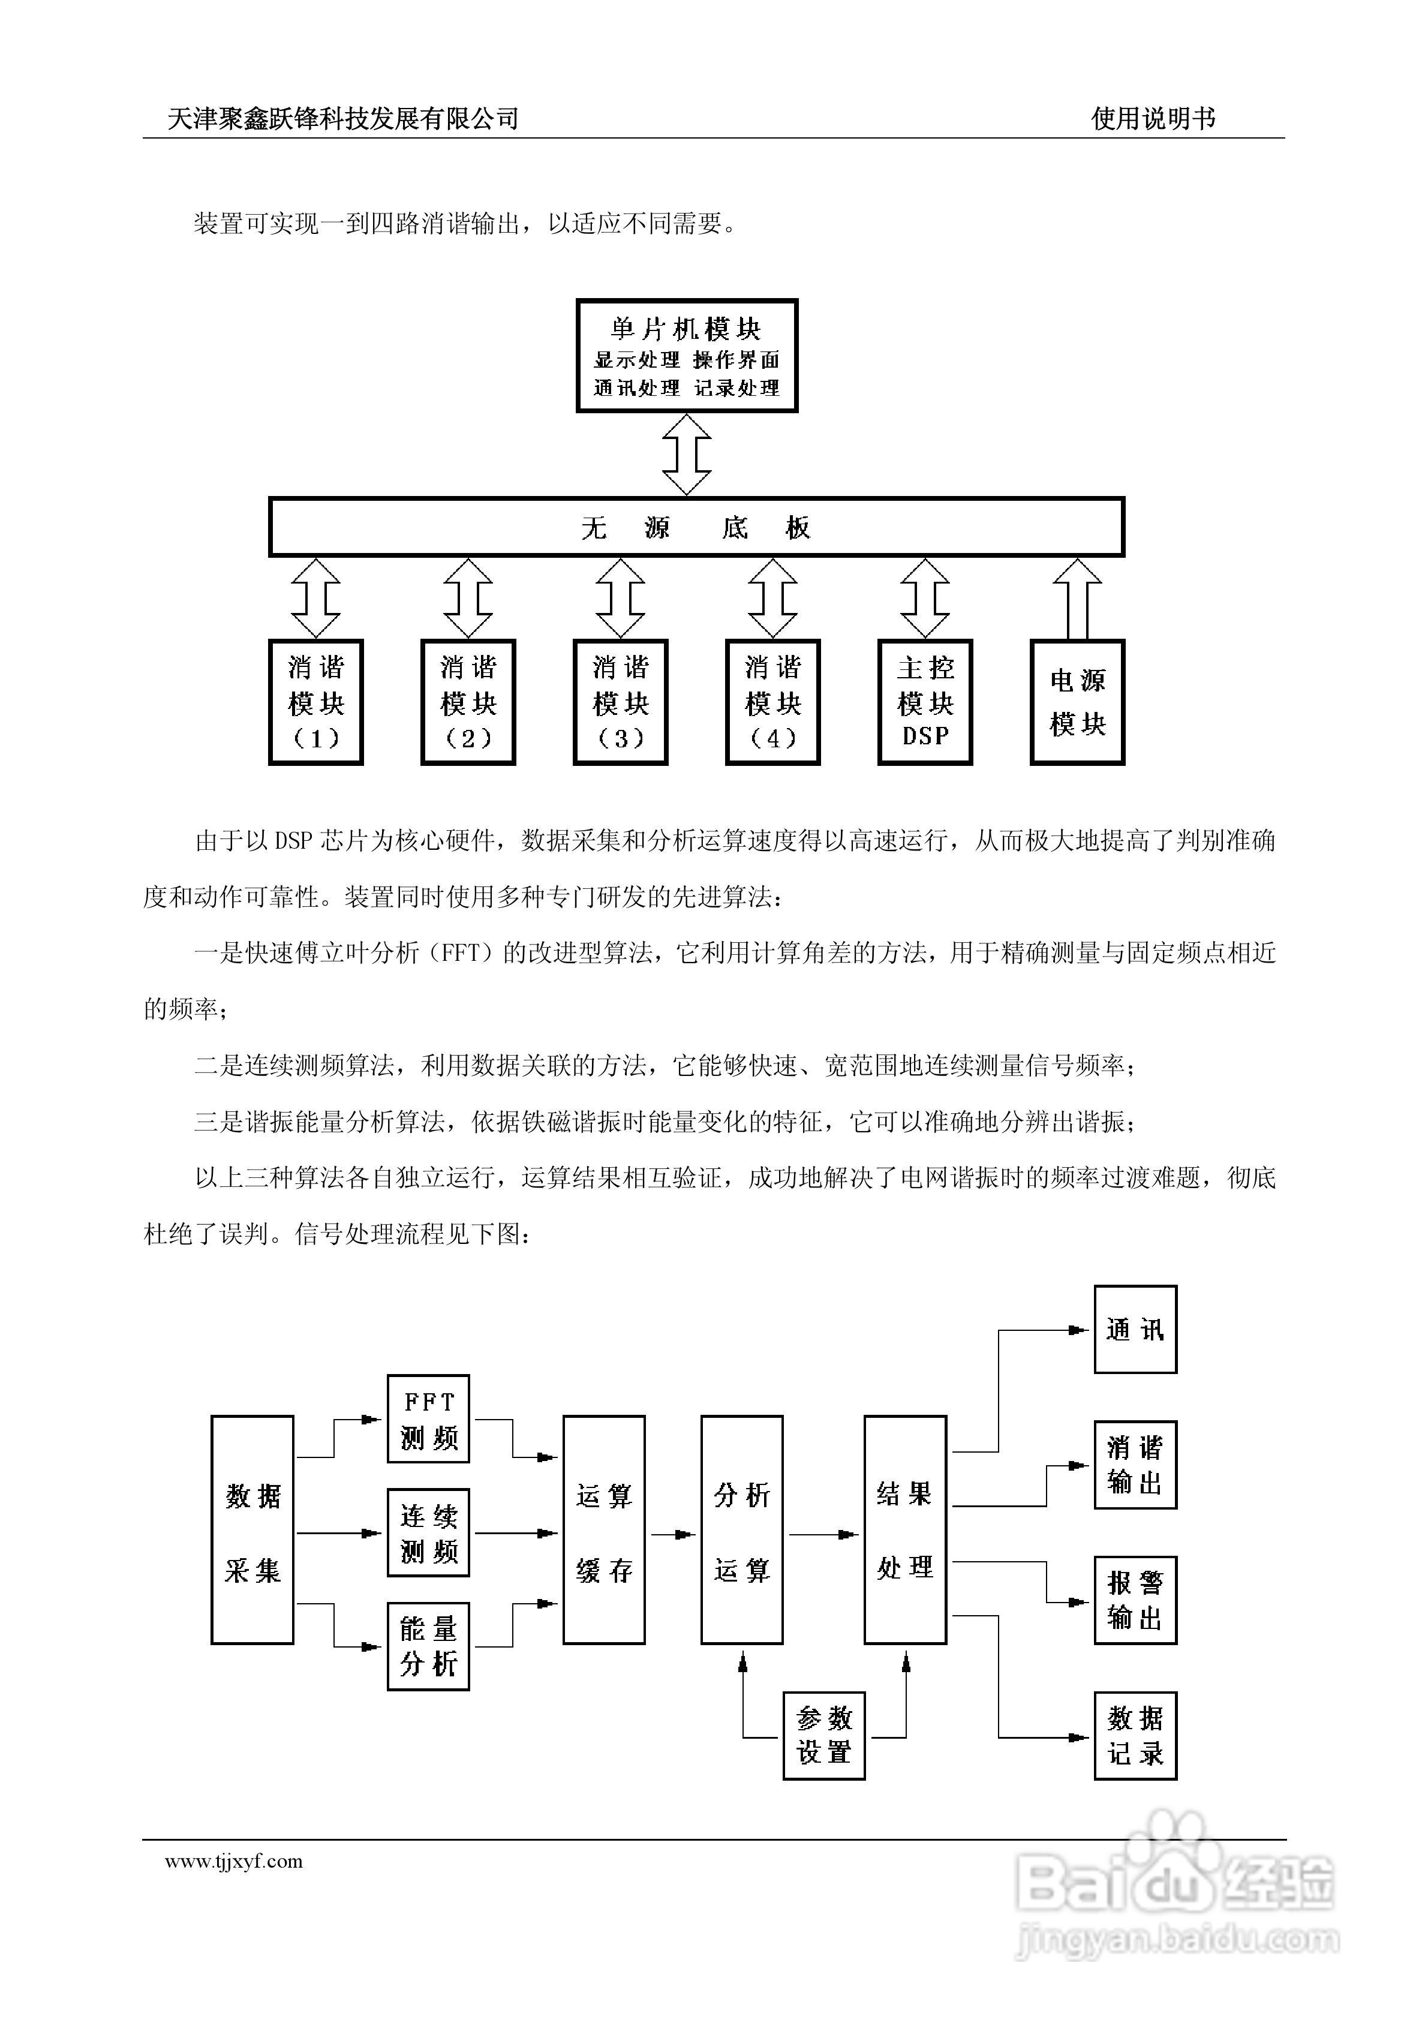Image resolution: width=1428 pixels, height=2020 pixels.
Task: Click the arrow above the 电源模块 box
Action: click(1077, 598)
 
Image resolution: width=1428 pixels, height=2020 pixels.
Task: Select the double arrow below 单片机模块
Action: click(686, 455)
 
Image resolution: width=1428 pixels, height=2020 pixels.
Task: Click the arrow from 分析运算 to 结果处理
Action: click(823, 1534)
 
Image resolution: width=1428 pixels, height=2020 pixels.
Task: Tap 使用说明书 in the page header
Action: click(1153, 118)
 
